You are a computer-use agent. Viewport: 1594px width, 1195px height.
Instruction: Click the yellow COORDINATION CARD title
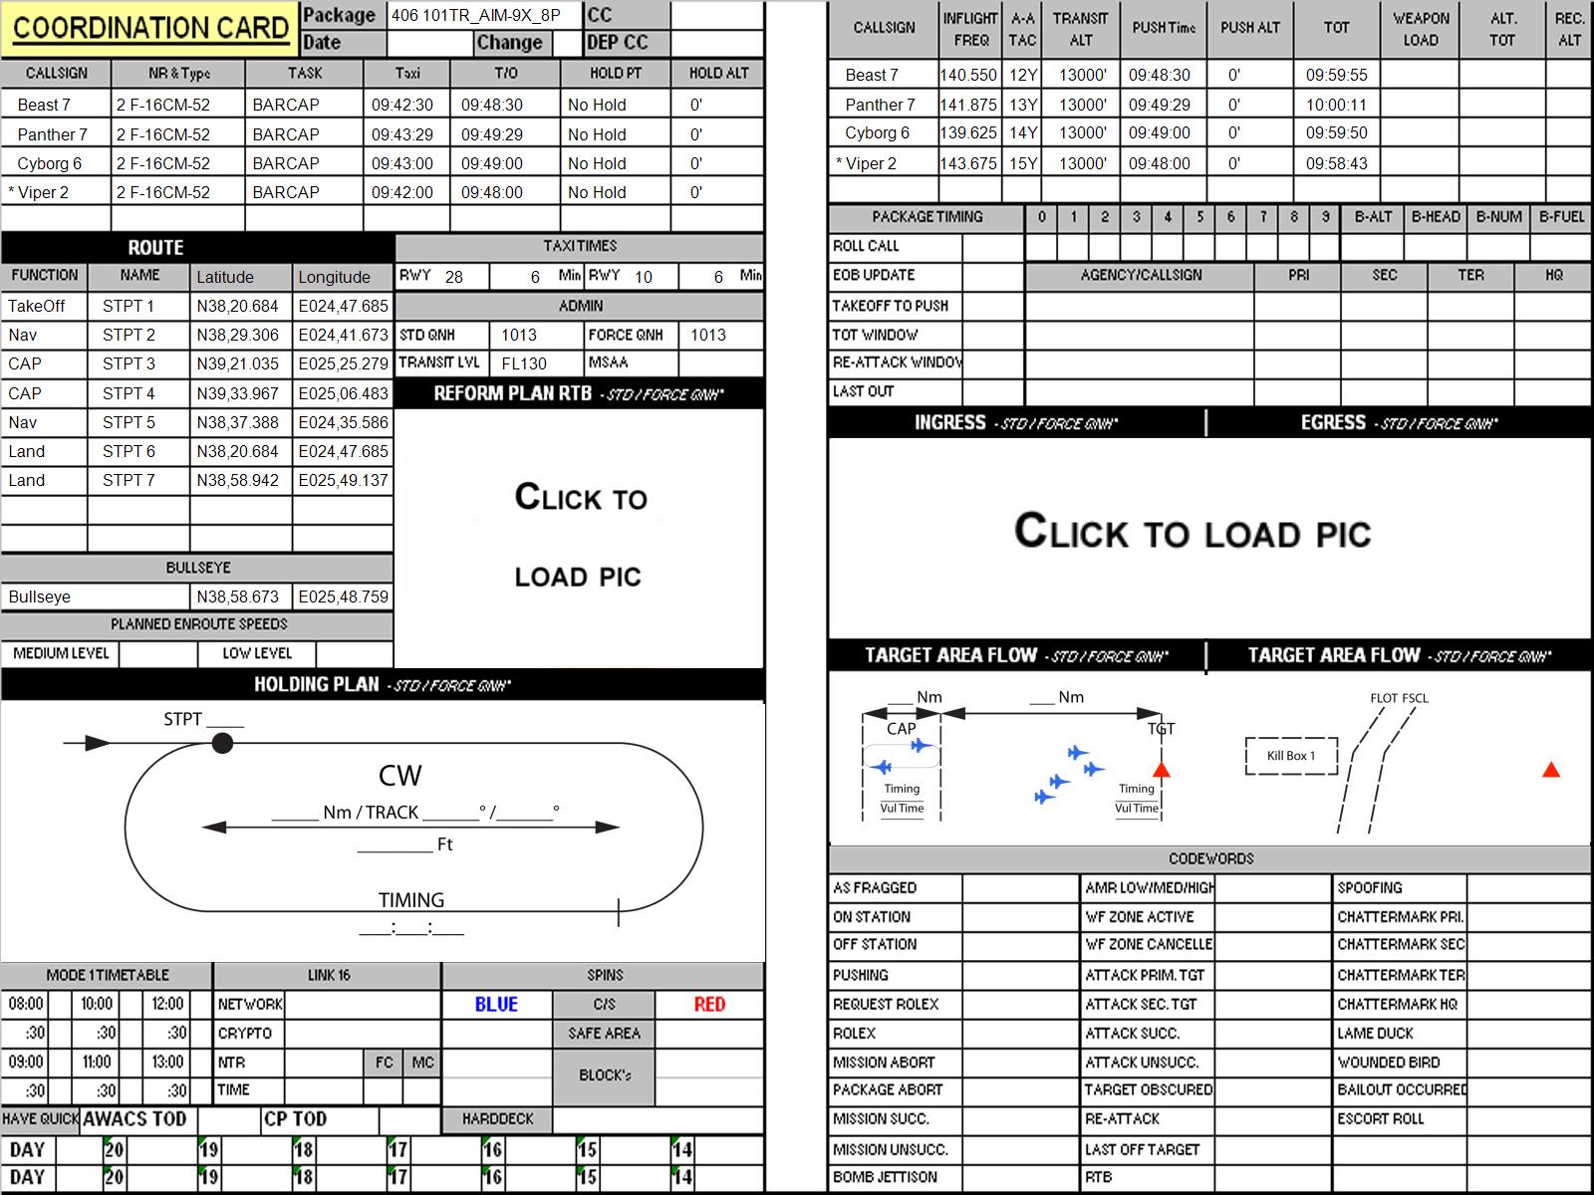click(150, 28)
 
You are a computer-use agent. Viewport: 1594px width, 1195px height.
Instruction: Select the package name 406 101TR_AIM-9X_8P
click(475, 15)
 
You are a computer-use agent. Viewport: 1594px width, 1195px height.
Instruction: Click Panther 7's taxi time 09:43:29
click(402, 134)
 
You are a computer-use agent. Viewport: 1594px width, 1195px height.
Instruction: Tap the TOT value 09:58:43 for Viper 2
click(1336, 163)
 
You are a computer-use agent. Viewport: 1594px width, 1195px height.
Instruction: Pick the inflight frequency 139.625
click(968, 132)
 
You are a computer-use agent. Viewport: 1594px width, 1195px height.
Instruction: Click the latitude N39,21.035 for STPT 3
click(237, 363)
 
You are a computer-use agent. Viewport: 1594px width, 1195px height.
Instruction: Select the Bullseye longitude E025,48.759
click(343, 597)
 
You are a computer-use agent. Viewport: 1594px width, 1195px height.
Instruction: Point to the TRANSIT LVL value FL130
click(524, 363)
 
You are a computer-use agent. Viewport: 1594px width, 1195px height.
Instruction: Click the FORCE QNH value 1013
click(708, 335)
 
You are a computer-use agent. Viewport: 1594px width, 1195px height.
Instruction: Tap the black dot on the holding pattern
click(222, 743)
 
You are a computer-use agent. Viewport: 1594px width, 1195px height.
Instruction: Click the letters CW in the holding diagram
click(399, 776)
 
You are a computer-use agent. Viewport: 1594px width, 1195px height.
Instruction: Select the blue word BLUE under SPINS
click(496, 1004)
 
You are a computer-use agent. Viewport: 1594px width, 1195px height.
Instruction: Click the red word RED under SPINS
click(709, 1004)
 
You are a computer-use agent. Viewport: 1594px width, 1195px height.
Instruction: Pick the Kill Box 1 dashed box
click(1291, 756)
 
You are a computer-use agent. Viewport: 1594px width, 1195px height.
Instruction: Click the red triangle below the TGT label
click(1162, 769)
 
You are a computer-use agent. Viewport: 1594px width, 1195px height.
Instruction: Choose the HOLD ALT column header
click(718, 74)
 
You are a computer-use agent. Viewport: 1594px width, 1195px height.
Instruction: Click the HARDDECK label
click(497, 1118)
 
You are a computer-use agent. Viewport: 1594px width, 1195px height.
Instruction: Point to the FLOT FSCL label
click(1399, 698)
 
